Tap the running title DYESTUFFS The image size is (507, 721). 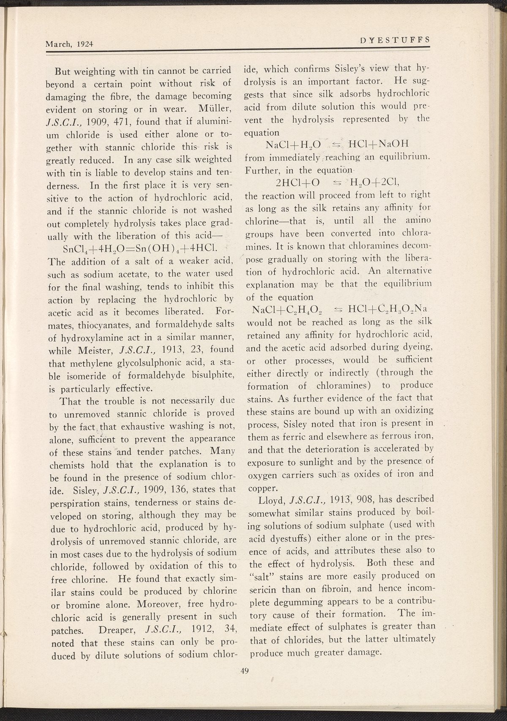(395, 40)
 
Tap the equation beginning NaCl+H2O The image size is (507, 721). (335, 145)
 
